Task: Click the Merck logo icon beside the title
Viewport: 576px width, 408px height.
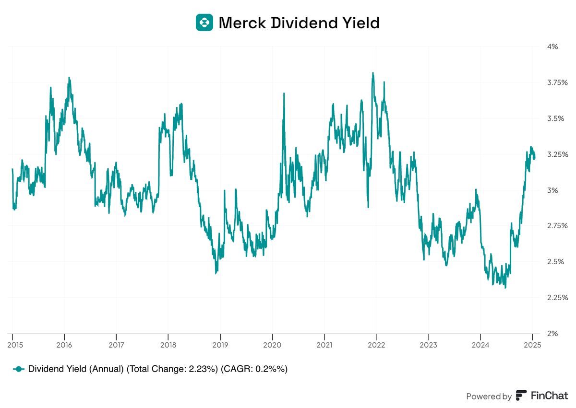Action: (204, 23)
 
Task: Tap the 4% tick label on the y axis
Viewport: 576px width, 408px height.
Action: (552, 47)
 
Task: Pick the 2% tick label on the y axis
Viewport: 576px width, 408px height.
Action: (552, 334)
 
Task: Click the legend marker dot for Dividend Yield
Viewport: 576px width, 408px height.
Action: (19, 369)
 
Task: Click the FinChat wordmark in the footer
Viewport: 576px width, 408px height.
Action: (549, 396)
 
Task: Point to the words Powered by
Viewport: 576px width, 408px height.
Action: (489, 396)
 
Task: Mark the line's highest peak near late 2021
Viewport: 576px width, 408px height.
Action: (373, 73)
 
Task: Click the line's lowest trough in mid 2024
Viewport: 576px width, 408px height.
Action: (505, 288)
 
